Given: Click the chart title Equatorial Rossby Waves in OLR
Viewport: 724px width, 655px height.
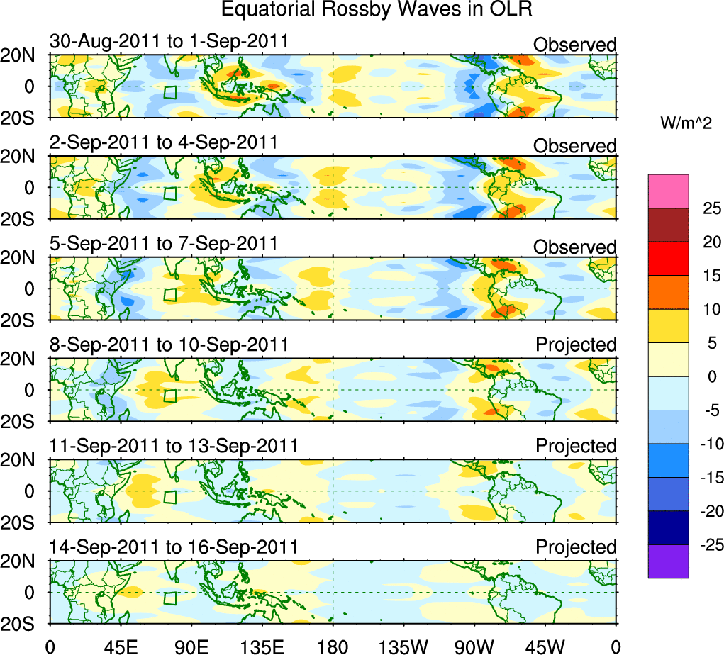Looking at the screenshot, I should point(376,10).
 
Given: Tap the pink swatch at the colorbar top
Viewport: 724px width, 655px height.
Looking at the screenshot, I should point(668,191).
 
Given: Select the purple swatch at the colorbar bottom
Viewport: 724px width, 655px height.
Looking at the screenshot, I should point(668,561).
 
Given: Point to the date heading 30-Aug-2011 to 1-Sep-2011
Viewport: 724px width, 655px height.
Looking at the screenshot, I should point(169,41).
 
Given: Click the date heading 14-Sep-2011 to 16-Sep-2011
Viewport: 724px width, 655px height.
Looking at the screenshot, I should point(174,547).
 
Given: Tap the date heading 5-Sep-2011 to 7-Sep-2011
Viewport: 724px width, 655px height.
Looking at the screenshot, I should point(163,244).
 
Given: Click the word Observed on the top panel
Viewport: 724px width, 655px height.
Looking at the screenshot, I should point(575,45).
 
